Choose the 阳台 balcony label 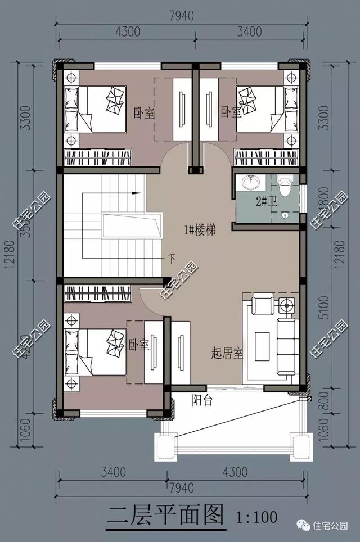tap(201, 401)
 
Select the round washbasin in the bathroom tap(249, 183)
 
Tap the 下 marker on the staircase tap(172, 259)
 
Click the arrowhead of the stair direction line tap(137, 193)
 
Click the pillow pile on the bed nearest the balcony tap(116, 339)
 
